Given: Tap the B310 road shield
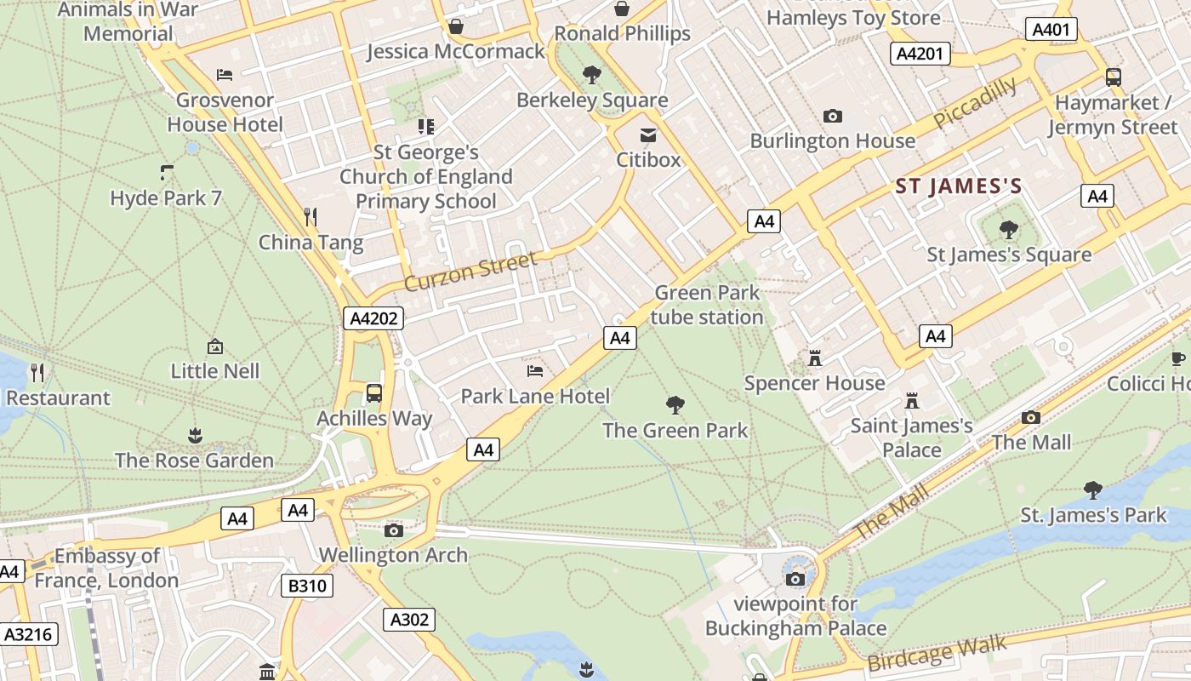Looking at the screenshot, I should [x=306, y=586].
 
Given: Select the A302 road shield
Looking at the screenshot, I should [x=409, y=620].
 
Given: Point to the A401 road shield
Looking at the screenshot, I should [x=1051, y=30].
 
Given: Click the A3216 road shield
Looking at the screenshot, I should [x=29, y=634].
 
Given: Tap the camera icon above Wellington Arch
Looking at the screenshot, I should [x=393, y=530].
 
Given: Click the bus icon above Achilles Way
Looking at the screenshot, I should [x=373, y=393].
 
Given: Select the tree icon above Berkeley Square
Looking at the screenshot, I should [x=592, y=75].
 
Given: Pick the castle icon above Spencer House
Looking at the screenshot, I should [x=815, y=358].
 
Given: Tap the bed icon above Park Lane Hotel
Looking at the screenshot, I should [x=535, y=371].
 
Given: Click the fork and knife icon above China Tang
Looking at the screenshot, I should [x=311, y=217].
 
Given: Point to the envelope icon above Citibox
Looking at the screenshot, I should [x=648, y=135].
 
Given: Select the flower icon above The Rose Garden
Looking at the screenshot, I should [x=195, y=436].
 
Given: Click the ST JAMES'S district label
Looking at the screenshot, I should [x=958, y=186].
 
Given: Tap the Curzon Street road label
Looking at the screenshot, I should [x=470, y=271].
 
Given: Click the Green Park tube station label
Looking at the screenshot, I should [x=708, y=305].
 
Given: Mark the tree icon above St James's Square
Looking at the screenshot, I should [x=1008, y=230].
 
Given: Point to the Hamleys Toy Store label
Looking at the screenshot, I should [x=853, y=17].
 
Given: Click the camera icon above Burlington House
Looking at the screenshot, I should [x=832, y=116].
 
